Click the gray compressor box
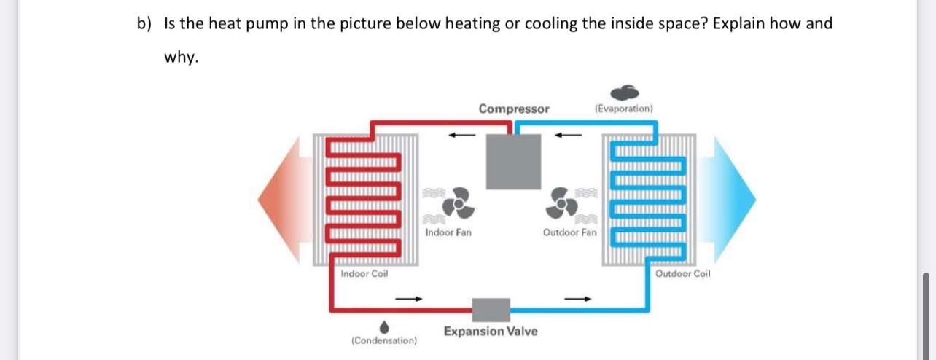(x=514, y=161)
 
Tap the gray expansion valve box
(x=491, y=309)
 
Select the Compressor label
(x=514, y=109)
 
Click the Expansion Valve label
(x=491, y=332)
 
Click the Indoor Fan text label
(x=448, y=233)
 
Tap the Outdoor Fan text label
(x=569, y=233)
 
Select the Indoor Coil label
(x=364, y=274)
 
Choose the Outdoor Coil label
(x=683, y=274)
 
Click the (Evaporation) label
(x=624, y=109)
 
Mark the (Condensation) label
(x=384, y=340)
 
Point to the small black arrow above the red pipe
(x=461, y=133)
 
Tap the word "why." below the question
(x=180, y=58)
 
